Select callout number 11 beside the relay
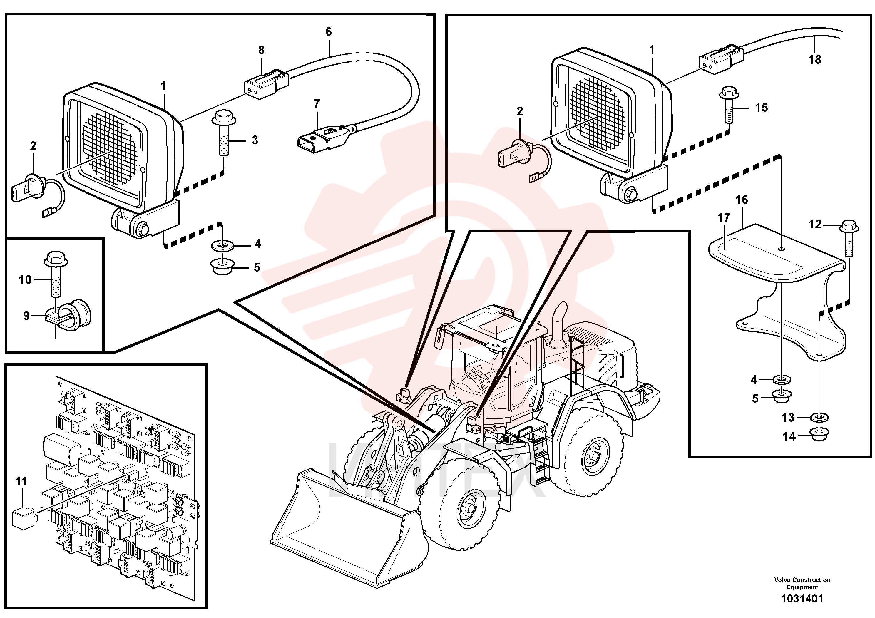coord(21,482)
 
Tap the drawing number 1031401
coord(802,599)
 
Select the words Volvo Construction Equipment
coord(802,583)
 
